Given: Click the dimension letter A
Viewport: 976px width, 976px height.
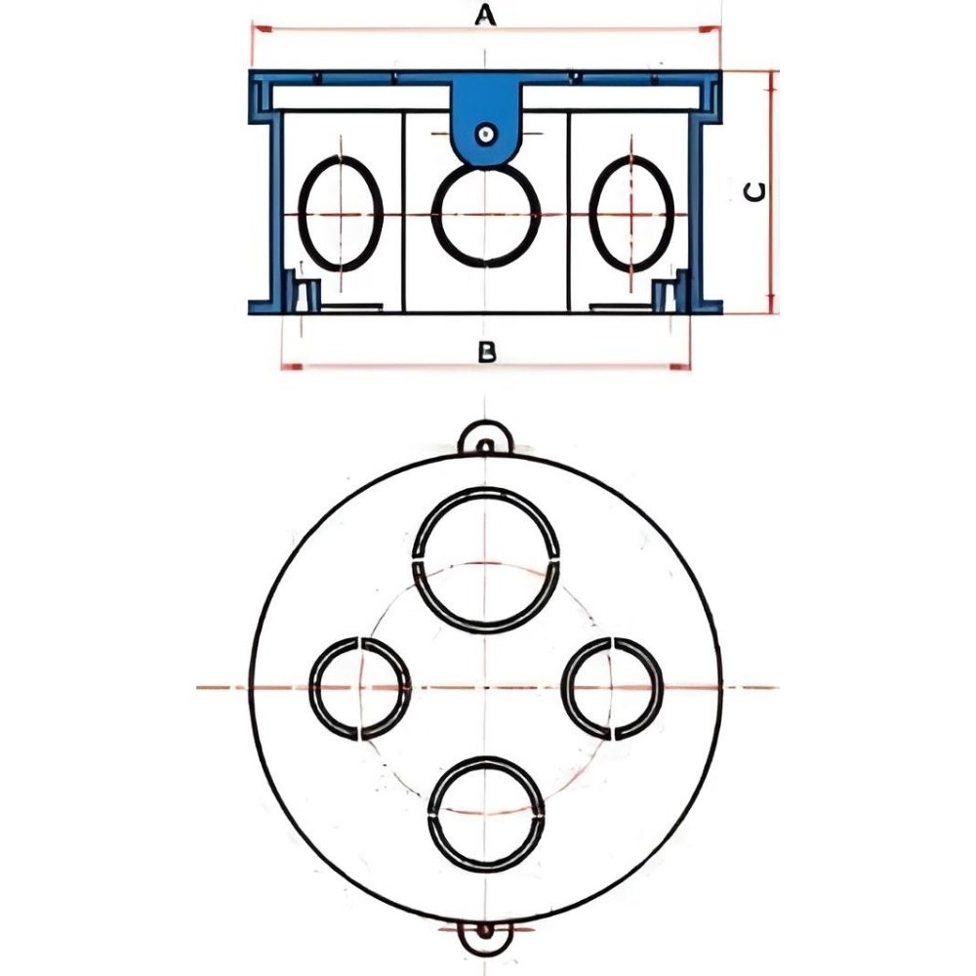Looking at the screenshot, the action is coord(485,15).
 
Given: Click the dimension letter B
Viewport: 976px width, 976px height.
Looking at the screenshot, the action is coord(486,352).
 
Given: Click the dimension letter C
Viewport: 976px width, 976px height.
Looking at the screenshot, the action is coord(754,193).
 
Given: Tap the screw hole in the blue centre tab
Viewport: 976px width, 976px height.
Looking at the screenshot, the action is coord(485,134).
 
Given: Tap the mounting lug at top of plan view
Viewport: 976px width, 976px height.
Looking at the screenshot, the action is coord(485,425).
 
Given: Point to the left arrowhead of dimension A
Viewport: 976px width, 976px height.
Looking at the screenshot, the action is coord(262,28).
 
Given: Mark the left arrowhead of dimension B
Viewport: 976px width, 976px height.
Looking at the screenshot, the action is coord(291,367).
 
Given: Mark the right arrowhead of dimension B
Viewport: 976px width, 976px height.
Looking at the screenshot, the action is coord(680,367).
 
